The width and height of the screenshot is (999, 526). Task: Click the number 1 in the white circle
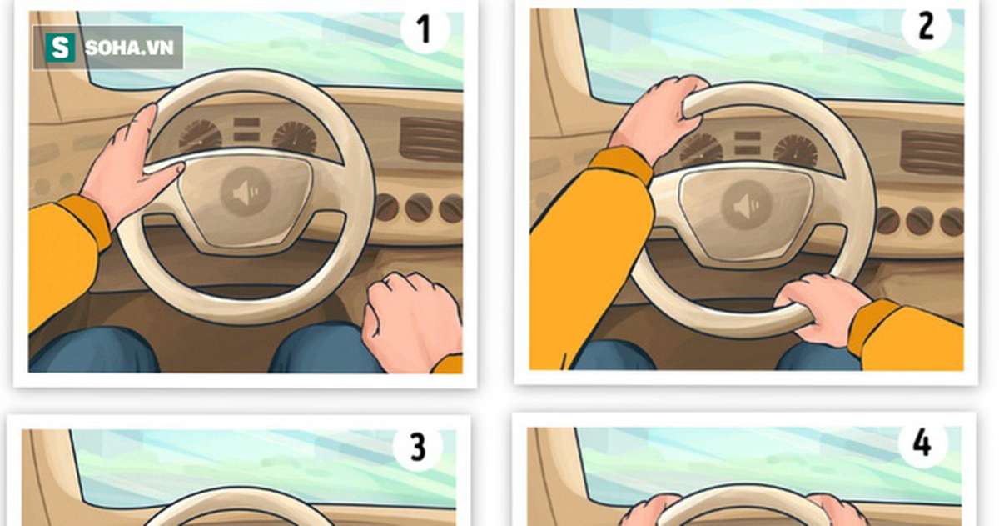425,29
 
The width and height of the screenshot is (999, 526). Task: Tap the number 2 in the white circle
926,26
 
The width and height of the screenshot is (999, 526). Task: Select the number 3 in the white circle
417,447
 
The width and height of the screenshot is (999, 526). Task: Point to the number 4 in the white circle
922,443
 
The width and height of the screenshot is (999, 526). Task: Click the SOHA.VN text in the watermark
129,48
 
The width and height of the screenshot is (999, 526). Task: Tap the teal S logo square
60,48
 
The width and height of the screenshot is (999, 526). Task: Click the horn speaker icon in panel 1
246,192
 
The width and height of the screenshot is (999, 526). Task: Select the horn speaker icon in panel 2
747,206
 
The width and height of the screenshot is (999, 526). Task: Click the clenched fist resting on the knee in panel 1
410,321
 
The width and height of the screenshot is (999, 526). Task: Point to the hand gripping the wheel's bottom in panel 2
822,308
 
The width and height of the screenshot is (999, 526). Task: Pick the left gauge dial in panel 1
201,135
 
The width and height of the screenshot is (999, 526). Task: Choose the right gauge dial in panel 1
295,137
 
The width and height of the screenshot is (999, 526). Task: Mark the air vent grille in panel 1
430,139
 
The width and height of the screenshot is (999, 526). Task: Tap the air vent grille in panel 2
932,153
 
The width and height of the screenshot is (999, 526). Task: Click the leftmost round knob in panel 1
385,208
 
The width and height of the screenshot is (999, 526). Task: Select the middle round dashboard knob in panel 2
919,221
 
